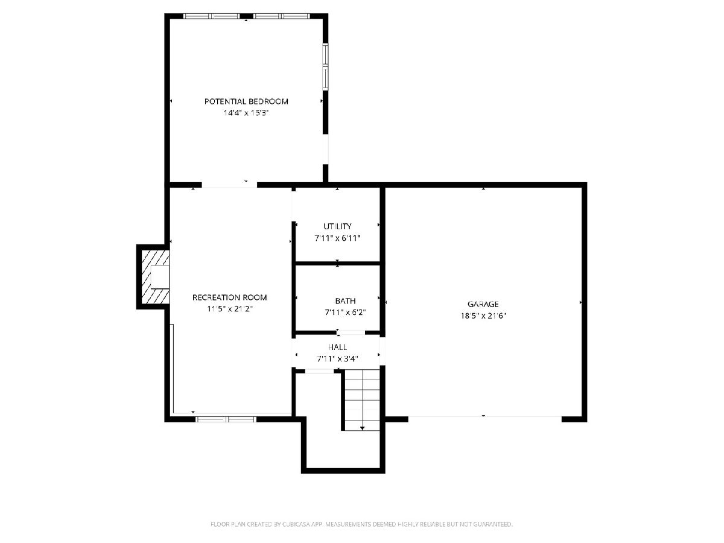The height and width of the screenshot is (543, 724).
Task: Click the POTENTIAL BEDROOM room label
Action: (246, 101)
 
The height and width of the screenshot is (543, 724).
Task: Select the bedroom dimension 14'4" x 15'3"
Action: (246, 113)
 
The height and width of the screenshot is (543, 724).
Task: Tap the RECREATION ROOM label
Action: (230, 297)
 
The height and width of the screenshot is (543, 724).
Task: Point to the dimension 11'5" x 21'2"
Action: (230, 309)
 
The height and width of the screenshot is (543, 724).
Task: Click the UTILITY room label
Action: (337, 226)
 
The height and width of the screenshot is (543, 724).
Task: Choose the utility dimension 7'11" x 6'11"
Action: (337, 238)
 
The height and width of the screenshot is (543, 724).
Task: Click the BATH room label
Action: (345, 300)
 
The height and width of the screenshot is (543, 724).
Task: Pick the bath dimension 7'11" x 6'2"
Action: (345, 312)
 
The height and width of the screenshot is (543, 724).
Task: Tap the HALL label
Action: (337, 347)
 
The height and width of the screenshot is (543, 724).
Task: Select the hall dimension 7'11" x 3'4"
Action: (337, 358)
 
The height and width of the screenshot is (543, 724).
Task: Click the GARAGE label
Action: (483, 304)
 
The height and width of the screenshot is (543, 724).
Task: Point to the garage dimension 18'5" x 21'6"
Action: (483, 316)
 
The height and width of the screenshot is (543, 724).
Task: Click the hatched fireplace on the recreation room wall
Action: (154, 277)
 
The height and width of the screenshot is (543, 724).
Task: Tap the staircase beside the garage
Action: (362, 400)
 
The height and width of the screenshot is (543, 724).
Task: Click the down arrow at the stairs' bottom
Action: (363, 428)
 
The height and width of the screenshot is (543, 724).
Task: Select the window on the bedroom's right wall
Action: (326, 66)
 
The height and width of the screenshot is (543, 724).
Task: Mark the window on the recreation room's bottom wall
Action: (226, 419)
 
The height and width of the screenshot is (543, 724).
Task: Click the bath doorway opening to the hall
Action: (351, 332)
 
